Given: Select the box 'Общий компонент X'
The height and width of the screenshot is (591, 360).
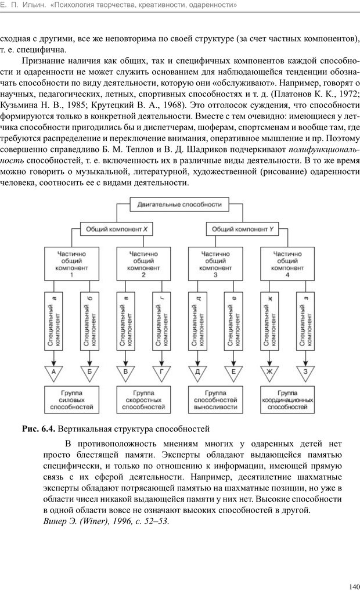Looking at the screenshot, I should tap(116, 229).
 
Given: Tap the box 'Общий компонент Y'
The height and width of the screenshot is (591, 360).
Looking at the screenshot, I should tap(242, 229).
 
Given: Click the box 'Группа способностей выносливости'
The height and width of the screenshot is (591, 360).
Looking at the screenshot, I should tap(215, 401).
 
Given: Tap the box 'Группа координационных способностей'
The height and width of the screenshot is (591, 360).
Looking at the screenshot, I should tap(287, 401).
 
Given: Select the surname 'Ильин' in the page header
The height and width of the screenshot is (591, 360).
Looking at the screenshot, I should tap(33, 5).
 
